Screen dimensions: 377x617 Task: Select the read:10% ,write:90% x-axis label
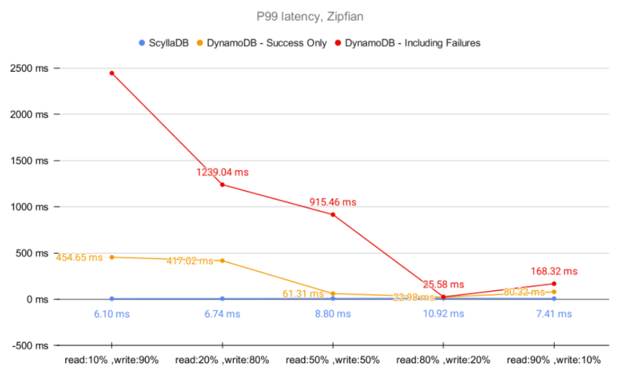pyautogui.click(x=112, y=360)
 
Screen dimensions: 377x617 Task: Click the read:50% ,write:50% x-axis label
pyautogui.click(x=333, y=360)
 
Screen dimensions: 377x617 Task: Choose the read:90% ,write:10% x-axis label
pyautogui.click(x=554, y=360)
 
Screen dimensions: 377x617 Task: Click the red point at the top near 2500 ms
pyautogui.click(x=112, y=74)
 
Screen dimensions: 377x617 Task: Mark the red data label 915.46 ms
pyautogui.click(x=333, y=202)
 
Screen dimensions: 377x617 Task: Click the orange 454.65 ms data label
pyautogui.click(x=79, y=258)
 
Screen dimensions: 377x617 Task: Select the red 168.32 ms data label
pyautogui.click(x=554, y=271)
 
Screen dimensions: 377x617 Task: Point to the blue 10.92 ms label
pyautogui.click(x=443, y=314)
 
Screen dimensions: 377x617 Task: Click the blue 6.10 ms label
pyautogui.click(x=112, y=314)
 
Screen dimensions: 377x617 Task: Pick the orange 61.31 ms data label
pyautogui.click(x=304, y=293)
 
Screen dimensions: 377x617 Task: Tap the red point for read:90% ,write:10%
pyautogui.click(x=554, y=284)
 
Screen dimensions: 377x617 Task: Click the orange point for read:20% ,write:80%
pyautogui.click(x=222, y=261)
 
